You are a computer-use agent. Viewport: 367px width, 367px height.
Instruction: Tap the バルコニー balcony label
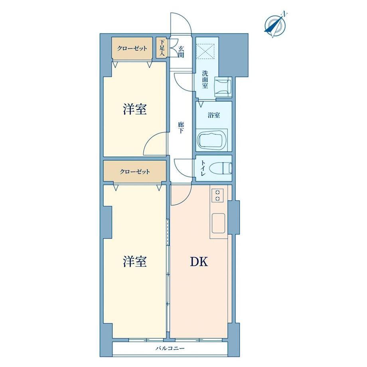pos(170,349)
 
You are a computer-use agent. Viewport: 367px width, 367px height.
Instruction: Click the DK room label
pos(199,262)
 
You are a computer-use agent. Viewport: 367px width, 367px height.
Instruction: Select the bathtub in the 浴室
pos(212,140)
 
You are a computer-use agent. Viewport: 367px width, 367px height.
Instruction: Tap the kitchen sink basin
pos(218,223)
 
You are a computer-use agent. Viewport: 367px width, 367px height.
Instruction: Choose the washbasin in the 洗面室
pos(223,87)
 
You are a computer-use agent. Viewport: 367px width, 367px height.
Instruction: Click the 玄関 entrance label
pos(181,52)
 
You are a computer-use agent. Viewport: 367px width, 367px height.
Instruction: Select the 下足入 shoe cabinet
pos(162,48)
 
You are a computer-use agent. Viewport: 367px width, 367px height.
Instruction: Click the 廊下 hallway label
pos(181,128)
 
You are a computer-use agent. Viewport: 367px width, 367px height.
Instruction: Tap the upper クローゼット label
pos(132,48)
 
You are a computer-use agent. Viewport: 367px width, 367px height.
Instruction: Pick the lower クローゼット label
pos(135,172)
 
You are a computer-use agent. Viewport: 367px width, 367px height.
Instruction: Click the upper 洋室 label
pos(135,109)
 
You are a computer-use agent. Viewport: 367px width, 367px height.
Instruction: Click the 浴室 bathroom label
pos(214,115)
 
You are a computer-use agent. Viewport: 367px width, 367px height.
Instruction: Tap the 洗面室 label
pos(205,79)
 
